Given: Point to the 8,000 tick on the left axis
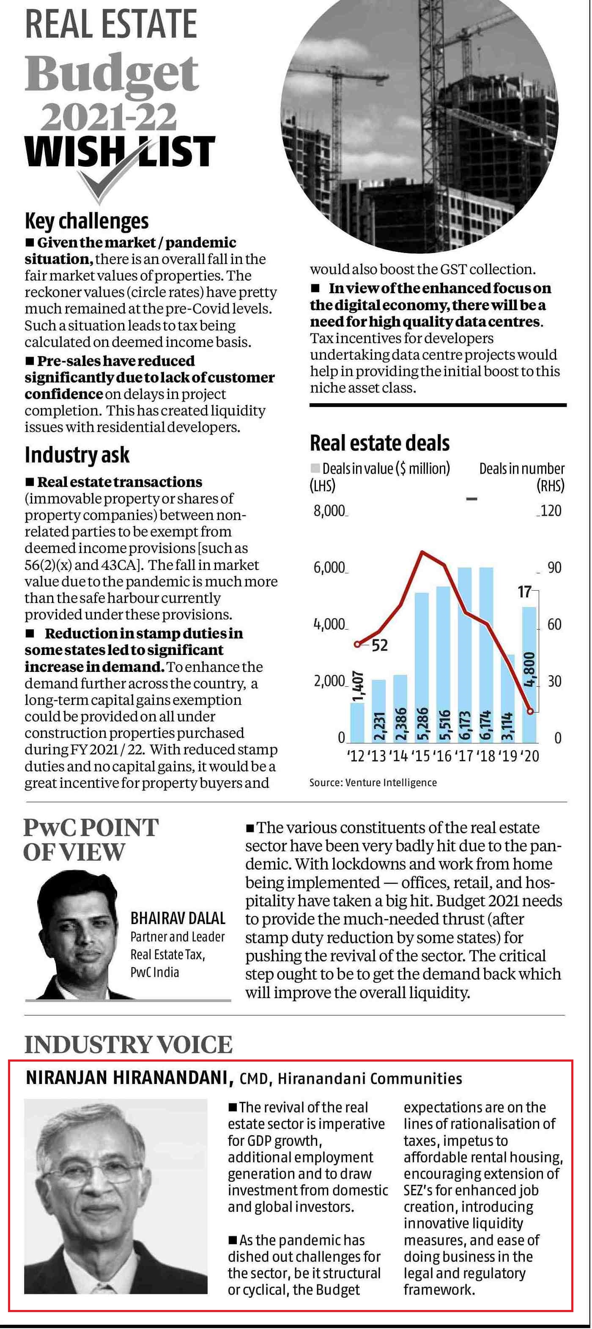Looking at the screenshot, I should (329, 511).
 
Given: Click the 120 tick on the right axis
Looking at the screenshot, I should (551, 511).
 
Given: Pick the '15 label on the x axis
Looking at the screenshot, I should (422, 757).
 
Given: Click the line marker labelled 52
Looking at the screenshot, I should (358, 644).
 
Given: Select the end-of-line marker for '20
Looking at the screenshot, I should (530, 711).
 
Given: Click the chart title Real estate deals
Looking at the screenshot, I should (380, 443).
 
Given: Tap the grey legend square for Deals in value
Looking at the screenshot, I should (315, 468).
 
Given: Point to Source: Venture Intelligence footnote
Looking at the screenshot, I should (373, 783).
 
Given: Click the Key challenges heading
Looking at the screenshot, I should (87, 221).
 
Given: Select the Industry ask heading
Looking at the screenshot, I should (77, 455).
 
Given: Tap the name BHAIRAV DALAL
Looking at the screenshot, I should (178, 918).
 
